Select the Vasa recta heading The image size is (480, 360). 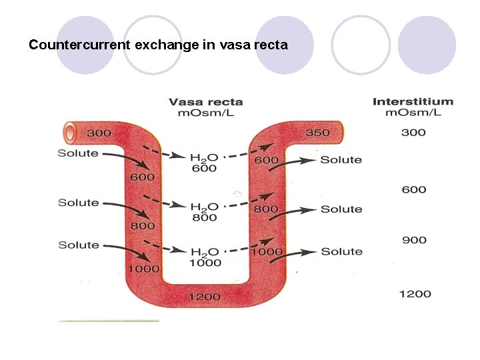[205, 102]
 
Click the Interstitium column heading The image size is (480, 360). [413, 102]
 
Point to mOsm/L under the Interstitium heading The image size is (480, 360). [413, 112]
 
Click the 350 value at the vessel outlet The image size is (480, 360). [317, 133]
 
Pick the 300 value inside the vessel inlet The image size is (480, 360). [99, 133]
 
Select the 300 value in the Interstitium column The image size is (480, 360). [413, 133]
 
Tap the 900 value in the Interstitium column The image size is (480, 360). [413, 240]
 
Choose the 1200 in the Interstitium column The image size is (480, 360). [415, 294]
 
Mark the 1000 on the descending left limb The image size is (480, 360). [143, 269]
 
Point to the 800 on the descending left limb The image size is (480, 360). [143, 226]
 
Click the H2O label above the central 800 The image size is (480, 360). [204, 207]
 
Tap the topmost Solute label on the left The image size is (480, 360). [78, 153]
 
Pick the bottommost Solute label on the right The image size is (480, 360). [341, 251]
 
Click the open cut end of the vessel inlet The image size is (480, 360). [69, 133]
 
